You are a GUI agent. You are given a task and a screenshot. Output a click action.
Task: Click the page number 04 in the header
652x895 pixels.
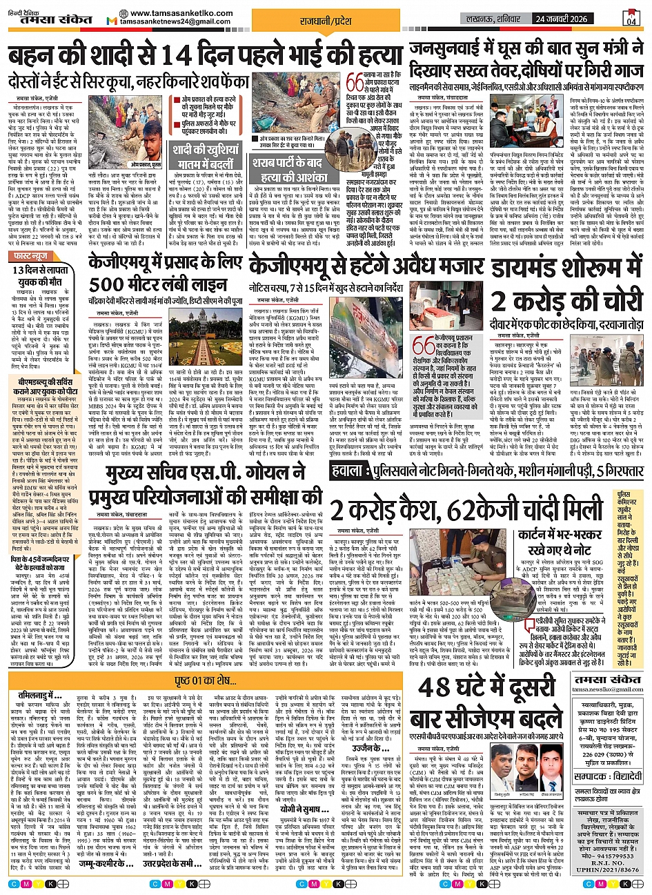pyautogui.click(x=632, y=20)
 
